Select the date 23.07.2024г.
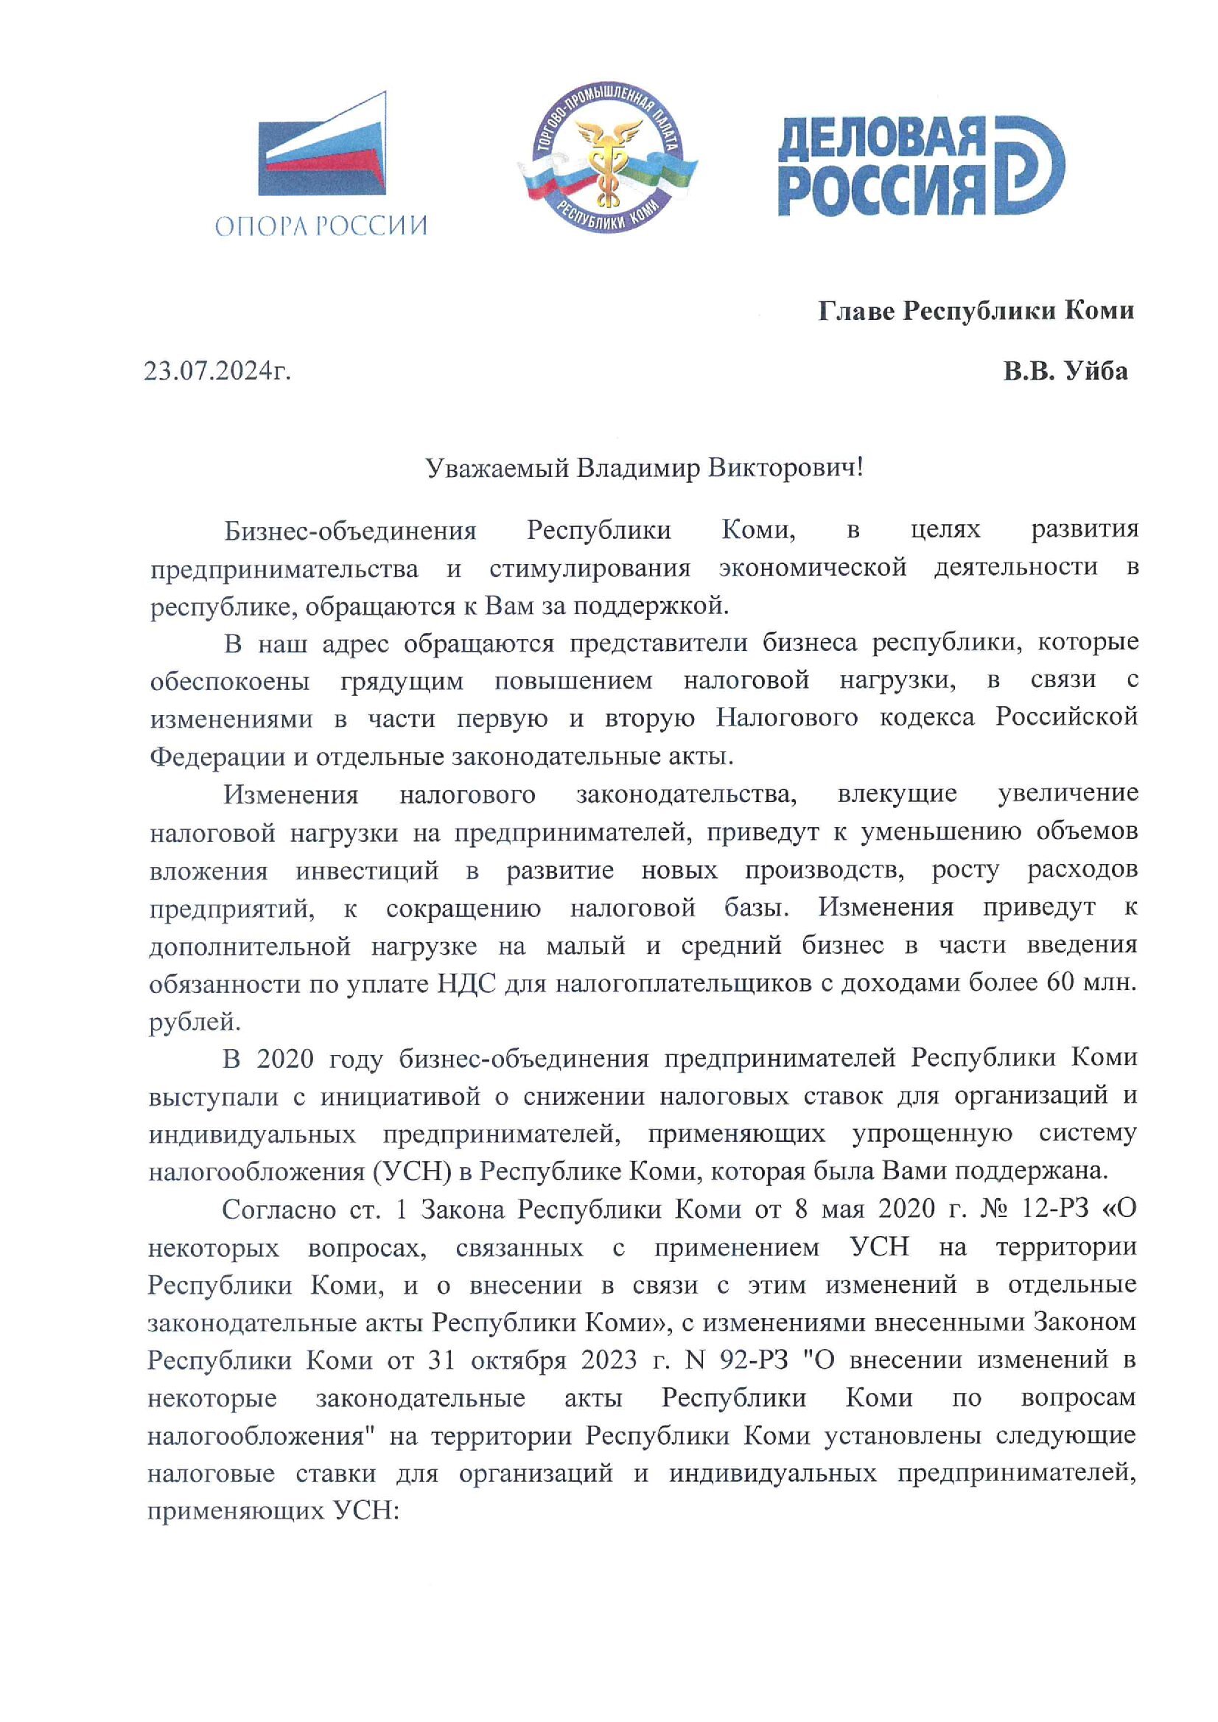pyautogui.click(x=217, y=372)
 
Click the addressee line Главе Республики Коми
pyautogui.click(x=975, y=310)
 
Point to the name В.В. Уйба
pyautogui.click(x=1065, y=372)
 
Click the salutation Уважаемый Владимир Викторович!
pyautogui.click(x=644, y=469)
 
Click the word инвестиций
pyautogui.click(x=367, y=871)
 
